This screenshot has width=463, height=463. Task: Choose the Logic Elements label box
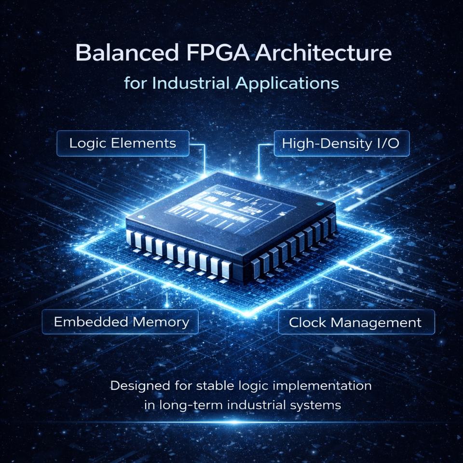pyautogui.click(x=123, y=143)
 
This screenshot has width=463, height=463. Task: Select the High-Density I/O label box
pyautogui.click(x=341, y=143)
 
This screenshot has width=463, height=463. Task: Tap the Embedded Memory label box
pyautogui.click(x=120, y=322)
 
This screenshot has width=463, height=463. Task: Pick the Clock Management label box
pyautogui.click(x=355, y=322)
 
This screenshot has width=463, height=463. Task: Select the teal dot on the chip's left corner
pyautogui.click(x=140, y=218)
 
